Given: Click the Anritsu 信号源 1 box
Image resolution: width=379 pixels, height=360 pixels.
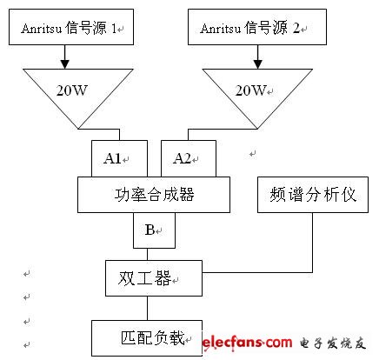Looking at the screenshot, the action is (x=71, y=27).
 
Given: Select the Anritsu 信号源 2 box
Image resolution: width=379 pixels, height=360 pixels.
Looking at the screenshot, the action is (x=257, y=27).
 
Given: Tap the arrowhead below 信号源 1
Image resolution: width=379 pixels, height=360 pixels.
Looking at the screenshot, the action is (x=64, y=64).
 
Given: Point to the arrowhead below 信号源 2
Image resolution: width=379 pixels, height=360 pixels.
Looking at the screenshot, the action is (x=258, y=64).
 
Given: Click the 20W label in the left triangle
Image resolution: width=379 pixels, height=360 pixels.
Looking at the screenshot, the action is (x=71, y=90).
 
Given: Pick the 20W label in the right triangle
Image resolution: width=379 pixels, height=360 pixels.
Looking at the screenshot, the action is (x=250, y=90).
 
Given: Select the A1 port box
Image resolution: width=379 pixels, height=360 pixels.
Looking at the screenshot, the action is (x=119, y=158).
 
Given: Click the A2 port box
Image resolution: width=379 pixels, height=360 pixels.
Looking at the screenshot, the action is (x=189, y=158).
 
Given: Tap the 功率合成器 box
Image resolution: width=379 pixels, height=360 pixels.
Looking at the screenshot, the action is (x=154, y=195).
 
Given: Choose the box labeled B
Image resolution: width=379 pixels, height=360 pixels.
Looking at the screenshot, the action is (x=154, y=230).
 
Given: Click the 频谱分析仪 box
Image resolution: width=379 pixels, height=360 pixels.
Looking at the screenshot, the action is (x=313, y=195).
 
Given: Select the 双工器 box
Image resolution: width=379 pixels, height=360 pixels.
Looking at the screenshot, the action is (x=154, y=278).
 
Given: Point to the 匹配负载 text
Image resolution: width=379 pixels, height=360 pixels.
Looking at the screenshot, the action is (x=153, y=337).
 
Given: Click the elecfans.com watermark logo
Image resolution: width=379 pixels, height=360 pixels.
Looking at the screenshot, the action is (x=247, y=343).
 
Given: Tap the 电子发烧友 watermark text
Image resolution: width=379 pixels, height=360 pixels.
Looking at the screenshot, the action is (x=332, y=343).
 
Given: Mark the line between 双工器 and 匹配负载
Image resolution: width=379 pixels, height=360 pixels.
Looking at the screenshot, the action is (x=147, y=308).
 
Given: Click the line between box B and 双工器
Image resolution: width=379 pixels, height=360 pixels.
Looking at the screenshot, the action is (x=147, y=254).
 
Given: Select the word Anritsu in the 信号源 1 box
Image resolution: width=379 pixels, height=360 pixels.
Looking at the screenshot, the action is (x=42, y=29).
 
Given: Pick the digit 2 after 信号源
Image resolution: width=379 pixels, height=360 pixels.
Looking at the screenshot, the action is (x=296, y=28).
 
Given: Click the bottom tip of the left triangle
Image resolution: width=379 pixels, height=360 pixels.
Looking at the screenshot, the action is (x=78, y=129).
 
